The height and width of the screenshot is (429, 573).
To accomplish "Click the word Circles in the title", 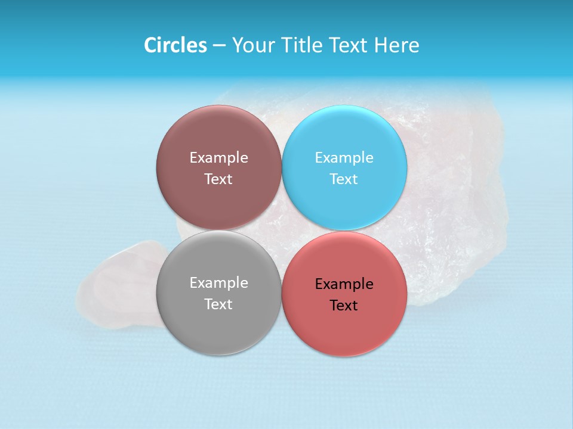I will pyautogui.click(x=175, y=45).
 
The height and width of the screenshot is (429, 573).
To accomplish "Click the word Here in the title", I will pyautogui.click(x=397, y=45).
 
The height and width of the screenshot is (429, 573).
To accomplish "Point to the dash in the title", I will pyautogui.click(x=219, y=46).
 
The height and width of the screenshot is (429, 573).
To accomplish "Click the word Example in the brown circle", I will pyautogui.click(x=218, y=158).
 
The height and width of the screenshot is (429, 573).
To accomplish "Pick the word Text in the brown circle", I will pyautogui.click(x=218, y=179).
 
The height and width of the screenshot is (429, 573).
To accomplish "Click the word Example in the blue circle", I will pyautogui.click(x=344, y=158).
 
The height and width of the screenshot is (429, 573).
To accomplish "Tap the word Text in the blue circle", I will pyautogui.click(x=344, y=179).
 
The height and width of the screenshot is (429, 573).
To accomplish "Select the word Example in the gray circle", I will pyautogui.click(x=218, y=283).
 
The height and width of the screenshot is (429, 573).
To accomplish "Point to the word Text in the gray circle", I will pyautogui.click(x=218, y=304).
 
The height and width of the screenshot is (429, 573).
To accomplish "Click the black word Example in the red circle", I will pyautogui.click(x=344, y=284).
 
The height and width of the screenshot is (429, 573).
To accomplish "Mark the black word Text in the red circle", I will pyautogui.click(x=344, y=306).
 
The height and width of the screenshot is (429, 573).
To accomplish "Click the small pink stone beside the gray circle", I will pyautogui.click(x=116, y=286).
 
